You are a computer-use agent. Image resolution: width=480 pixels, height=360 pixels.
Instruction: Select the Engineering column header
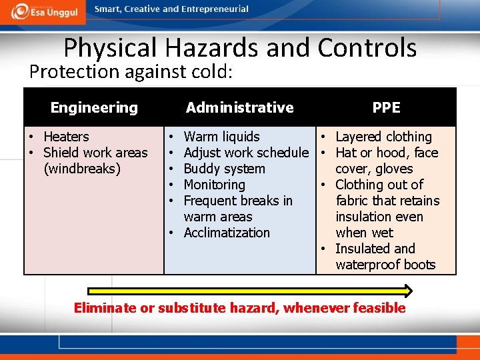click(94, 107)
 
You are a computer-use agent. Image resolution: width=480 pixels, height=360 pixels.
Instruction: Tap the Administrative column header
click(239, 107)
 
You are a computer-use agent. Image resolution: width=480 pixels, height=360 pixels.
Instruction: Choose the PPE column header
click(386, 107)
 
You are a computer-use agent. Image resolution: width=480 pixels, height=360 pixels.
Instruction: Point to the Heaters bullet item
click(65, 137)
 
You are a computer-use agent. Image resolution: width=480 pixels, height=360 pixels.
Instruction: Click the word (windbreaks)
click(82, 169)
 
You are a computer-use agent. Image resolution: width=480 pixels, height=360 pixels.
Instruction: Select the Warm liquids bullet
click(221, 137)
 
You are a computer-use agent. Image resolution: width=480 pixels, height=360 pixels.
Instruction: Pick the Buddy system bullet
click(224, 169)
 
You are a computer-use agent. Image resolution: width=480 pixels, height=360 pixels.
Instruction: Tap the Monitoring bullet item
click(214, 185)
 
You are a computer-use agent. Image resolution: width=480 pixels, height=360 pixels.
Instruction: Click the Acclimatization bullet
click(227, 233)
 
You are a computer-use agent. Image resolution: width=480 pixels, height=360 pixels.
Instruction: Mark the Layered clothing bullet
click(383, 137)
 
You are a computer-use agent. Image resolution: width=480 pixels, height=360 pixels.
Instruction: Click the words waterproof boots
click(385, 265)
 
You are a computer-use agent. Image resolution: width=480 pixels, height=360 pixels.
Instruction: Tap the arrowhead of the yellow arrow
click(407, 291)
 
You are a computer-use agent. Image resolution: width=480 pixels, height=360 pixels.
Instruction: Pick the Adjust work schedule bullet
click(246, 153)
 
